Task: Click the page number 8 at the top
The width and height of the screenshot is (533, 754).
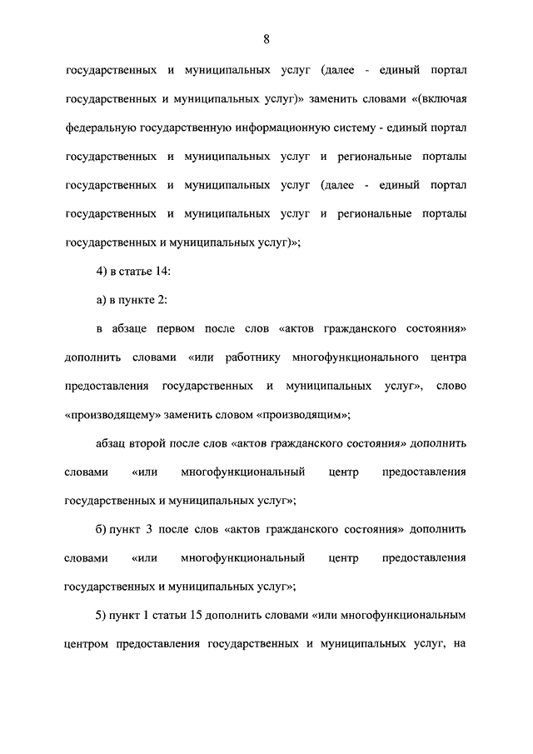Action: click(266, 39)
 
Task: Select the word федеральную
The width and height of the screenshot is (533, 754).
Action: click(103, 127)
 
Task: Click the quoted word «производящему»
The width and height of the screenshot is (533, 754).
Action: click(111, 415)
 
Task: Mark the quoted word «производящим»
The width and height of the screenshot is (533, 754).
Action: click(303, 415)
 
